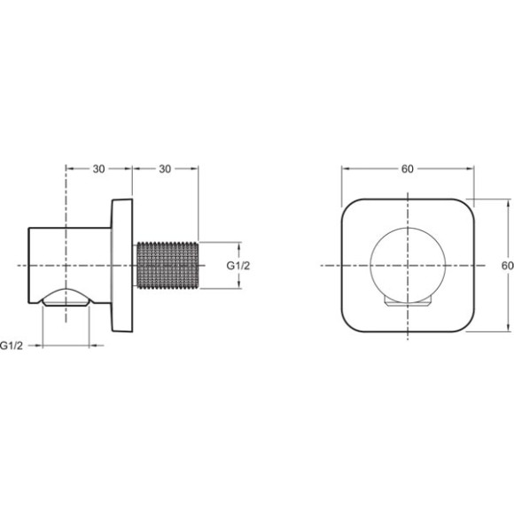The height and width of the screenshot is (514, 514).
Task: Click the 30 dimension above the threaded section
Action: coord(165,169)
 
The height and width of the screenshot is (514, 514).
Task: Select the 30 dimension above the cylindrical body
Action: coord(98,169)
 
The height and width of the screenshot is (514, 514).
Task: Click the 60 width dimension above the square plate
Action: coord(407,169)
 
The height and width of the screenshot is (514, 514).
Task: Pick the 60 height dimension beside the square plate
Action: coord(507,265)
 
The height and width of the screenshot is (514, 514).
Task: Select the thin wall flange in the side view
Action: coord(121,265)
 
